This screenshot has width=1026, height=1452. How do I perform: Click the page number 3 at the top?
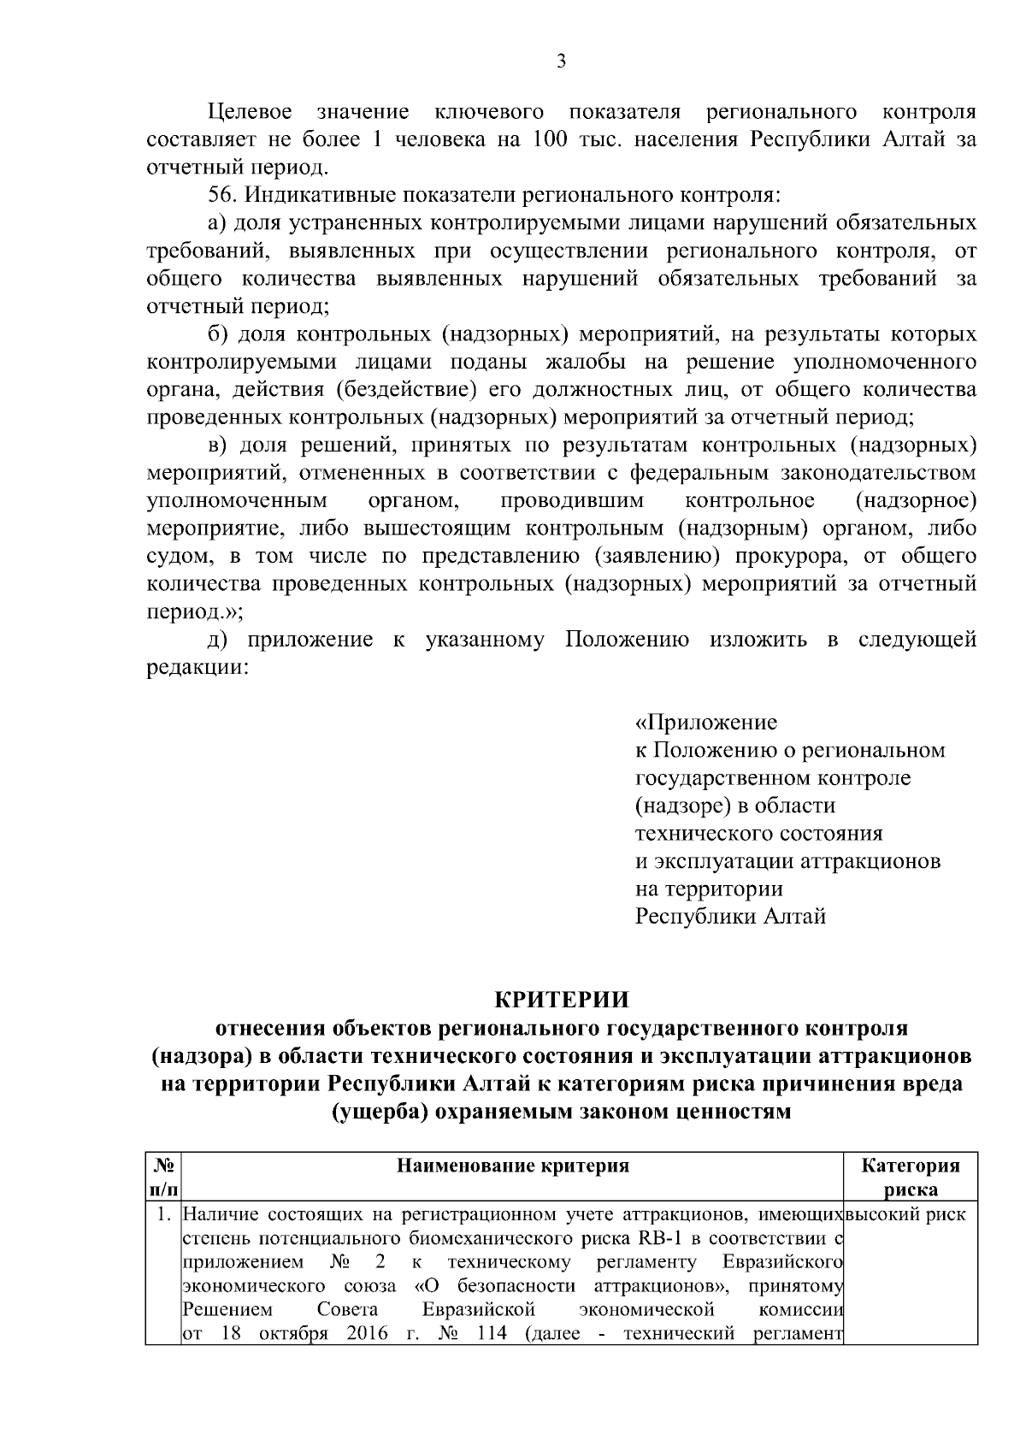click(561, 61)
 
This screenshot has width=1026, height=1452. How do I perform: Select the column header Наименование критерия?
click(513, 1166)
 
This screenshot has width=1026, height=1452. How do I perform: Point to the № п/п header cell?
click(164, 1177)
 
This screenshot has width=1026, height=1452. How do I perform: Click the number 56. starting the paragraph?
click(224, 195)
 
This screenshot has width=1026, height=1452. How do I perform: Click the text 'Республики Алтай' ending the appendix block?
click(730, 917)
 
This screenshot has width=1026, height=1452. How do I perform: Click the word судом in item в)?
click(180, 557)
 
